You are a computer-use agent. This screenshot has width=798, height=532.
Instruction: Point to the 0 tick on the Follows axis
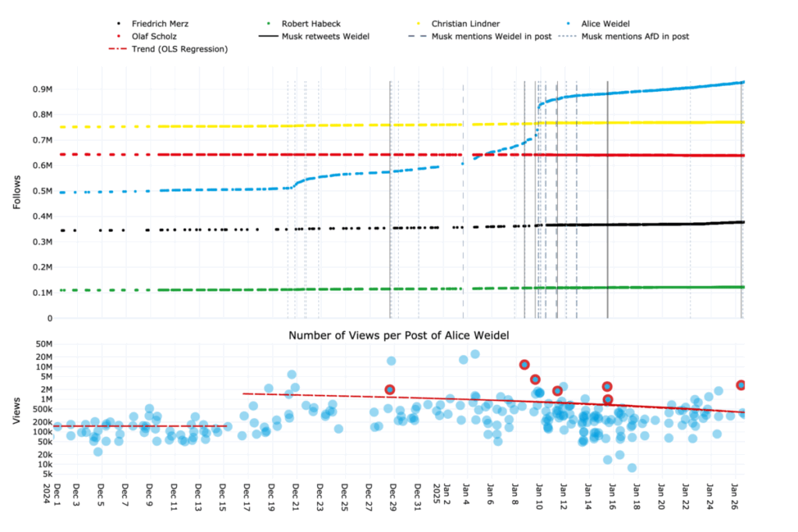pos(48,318)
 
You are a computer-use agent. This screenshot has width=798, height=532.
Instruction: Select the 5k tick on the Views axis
pos(44,474)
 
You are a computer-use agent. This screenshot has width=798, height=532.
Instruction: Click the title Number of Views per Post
pos(398,335)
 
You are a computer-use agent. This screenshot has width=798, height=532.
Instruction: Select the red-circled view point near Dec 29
pos(390,389)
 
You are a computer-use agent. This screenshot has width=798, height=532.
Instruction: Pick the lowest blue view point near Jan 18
pos(632,467)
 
